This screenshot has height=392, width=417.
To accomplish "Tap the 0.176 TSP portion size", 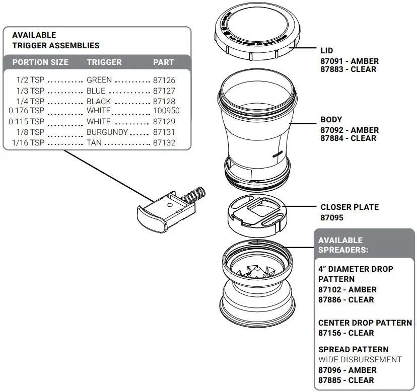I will (x=27, y=111).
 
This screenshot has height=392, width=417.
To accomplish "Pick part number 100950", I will (x=166, y=111).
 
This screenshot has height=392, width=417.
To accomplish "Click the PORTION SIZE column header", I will (x=40, y=62).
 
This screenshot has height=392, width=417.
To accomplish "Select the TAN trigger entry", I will (x=94, y=143).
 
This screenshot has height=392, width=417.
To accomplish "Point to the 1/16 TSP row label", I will (x=30, y=143).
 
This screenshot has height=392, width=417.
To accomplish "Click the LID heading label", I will (x=326, y=51).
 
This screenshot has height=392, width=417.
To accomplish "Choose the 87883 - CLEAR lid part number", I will (x=348, y=69).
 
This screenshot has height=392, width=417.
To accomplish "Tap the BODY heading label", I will (x=331, y=120).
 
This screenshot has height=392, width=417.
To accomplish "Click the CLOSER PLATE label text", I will (x=349, y=207).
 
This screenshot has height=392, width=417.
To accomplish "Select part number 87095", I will (x=332, y=218).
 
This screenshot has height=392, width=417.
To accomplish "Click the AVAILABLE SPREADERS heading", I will (x=342, y=245).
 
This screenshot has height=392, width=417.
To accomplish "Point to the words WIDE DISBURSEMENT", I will (x=360, y=360).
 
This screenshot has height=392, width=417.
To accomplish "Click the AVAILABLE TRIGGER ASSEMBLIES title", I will (x=55, y=40).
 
